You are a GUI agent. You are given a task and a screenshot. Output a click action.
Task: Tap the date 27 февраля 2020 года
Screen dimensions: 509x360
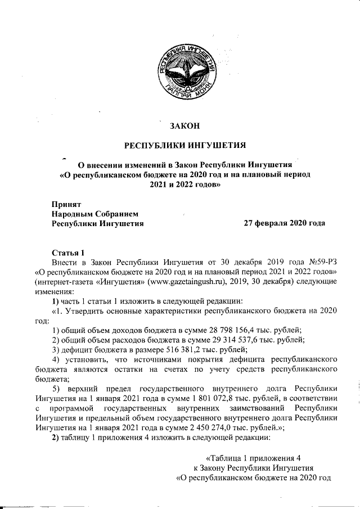coord(284,223)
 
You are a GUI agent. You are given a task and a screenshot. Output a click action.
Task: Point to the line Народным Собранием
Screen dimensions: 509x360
coord(94,213)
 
